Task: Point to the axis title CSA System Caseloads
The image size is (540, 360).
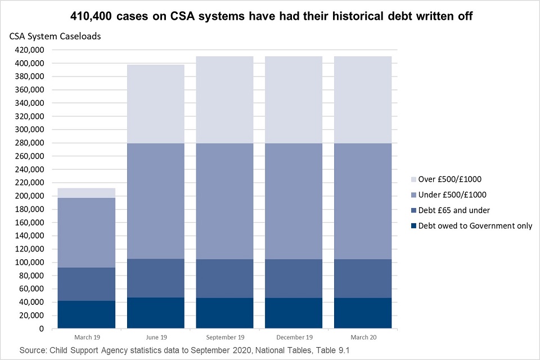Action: (55, 37)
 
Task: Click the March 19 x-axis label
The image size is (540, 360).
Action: (87, 337)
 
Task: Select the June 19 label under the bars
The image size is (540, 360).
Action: (156, 337)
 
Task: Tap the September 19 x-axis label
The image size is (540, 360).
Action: (224, 337)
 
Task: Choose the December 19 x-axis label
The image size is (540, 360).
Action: (293, 337)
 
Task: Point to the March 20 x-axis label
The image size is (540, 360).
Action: (362, 337)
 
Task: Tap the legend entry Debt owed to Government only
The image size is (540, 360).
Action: (473, 226)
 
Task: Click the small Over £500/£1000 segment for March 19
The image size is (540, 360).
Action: (87, 193)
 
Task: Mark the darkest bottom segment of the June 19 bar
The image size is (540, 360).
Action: (156, 313)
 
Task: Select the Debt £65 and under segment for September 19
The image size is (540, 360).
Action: (224, 278)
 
